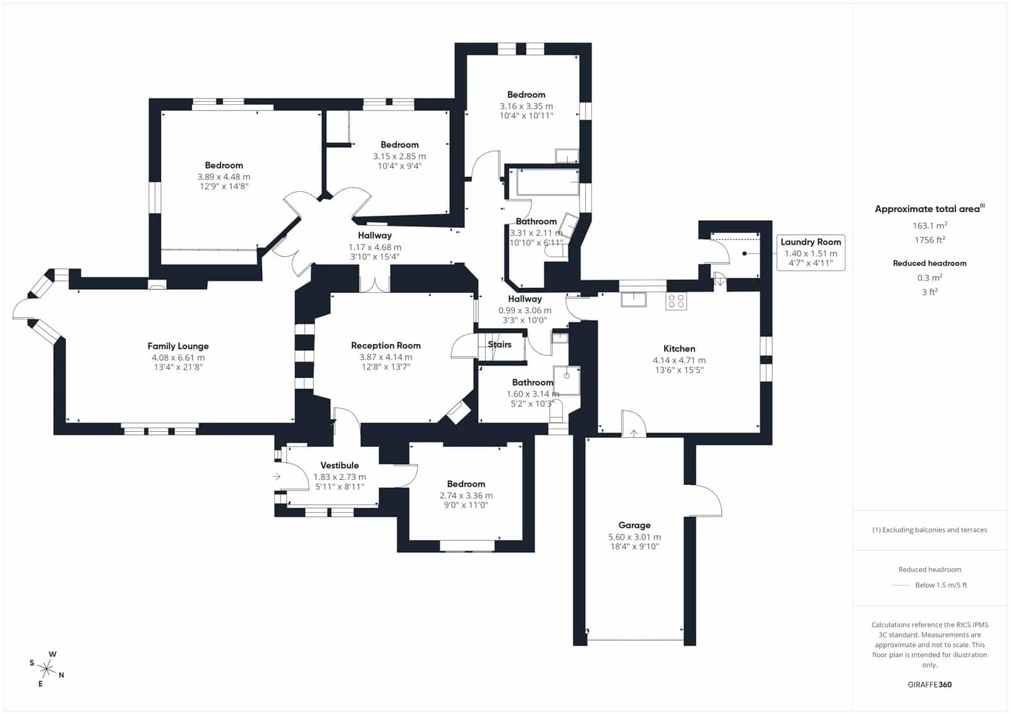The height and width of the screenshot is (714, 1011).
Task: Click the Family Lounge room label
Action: click(178, 346)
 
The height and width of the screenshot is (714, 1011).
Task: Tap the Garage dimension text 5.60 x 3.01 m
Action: click(634, 537)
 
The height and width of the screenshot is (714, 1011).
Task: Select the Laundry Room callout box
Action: click(811, 253)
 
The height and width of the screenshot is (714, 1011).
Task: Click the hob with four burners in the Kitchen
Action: click(676, 301)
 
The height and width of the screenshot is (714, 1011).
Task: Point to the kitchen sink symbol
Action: click(633, 299)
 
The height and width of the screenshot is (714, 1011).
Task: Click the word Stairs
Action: click(500, 344)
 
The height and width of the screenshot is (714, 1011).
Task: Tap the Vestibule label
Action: click(339, 465)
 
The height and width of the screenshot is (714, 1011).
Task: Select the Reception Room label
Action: click(385, 345)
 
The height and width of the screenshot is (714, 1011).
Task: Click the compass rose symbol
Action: click(47, 669)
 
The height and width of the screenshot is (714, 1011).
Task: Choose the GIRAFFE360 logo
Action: click(929, 684)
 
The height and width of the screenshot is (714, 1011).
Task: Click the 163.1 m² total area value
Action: click(929, 225)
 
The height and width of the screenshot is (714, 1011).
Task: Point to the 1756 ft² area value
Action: click(929, 240)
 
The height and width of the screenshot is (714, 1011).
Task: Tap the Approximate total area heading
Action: click(929, 209)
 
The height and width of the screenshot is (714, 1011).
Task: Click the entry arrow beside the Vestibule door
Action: click(277, 476)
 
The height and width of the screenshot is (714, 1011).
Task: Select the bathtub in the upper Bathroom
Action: click(547, 182)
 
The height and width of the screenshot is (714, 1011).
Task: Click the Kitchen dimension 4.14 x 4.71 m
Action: click(679, 360)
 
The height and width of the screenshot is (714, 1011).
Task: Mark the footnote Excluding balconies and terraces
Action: click(929, 530)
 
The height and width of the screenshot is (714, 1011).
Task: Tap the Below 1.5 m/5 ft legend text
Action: click(941, 585)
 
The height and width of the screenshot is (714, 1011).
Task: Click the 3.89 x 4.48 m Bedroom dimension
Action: click(224, 177)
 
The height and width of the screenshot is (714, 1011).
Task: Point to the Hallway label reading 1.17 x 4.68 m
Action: click(375, 247)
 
